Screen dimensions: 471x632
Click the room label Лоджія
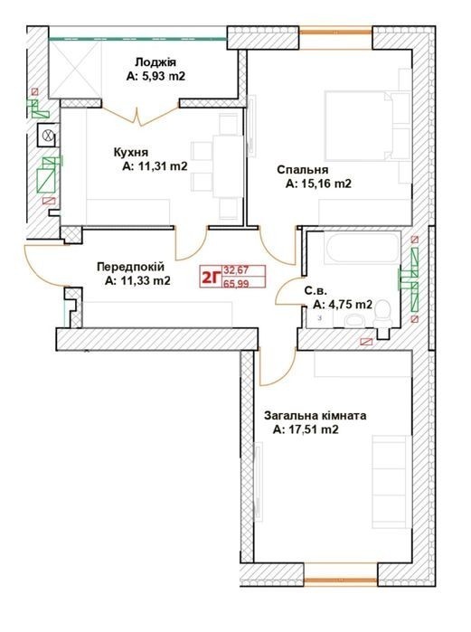pos(155,63)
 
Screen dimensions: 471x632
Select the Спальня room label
pos(303,170)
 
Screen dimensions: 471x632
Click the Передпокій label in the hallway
pos(131,267)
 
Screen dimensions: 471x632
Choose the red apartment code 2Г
pos(212,278)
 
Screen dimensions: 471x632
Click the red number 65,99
pos(236,284)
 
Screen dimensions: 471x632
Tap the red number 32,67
pos(236,270)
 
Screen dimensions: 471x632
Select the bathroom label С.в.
pos(316,291)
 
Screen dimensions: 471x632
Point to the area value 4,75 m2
pos(349,305)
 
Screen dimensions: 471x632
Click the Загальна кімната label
pos(316,416)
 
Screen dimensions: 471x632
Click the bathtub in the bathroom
pos(362,247)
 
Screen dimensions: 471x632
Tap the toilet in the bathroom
pos(382,315)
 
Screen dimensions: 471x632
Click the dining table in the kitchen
pos(228,166)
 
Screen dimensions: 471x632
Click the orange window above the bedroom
pos(335,32)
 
